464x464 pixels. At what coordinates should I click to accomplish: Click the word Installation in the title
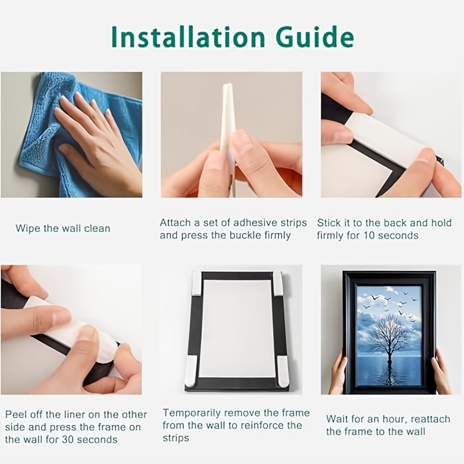(x=187, y=37)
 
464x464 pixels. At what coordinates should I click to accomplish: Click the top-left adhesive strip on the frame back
(x=197, y=284)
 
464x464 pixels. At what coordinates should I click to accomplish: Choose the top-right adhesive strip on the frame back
(x=278, y=282)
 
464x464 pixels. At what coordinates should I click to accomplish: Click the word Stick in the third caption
(x=327, y=223)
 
